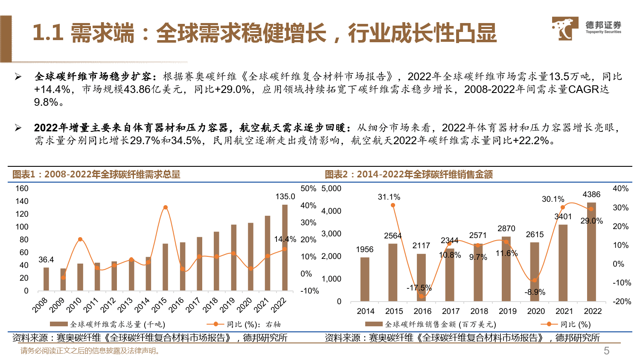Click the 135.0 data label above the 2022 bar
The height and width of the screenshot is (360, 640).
pyautogui.click(x=285, y=197)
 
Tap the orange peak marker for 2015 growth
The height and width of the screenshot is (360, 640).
pyautogui.click(x=165, y=208)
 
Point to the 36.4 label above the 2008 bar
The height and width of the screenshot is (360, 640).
pyautogui.click(x=46, y=260)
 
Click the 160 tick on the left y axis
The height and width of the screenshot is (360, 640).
pyautogui.click(x=22, y=189)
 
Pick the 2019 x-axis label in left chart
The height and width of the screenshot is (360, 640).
pyautogui.click(x=227, y=305)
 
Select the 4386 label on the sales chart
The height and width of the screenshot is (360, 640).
pyautogui.click(x=591, y=195)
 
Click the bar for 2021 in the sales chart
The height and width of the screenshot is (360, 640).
pyautogui.click(x=563, y=263)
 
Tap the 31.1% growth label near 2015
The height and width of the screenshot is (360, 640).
pyautogui.click(x=389, y=197)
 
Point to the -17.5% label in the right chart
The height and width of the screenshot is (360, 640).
pyautogui.click(x=419, y=288)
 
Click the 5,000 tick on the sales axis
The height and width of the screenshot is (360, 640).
pyautogui.click(x=332, y=189)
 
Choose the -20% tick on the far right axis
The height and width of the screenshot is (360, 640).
pyautogui.click(x=622, y=302)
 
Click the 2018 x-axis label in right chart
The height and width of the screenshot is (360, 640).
pyautogui.click(x=479, y=311)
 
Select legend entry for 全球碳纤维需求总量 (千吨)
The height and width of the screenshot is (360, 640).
pyautogui.click(x=108, y=325)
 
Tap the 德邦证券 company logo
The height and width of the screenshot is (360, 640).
pyautogui.click(x=586, y=28)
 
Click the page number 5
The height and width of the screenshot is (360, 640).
pyautogui.click(x=606, y=351)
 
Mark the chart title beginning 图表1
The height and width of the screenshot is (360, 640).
pyautogui.click(x=96, y=174)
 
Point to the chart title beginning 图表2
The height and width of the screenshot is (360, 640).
pyautogui.click(x=409, y=174)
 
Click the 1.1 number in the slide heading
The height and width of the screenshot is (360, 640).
pyautogui.click(x=48, y=33)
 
